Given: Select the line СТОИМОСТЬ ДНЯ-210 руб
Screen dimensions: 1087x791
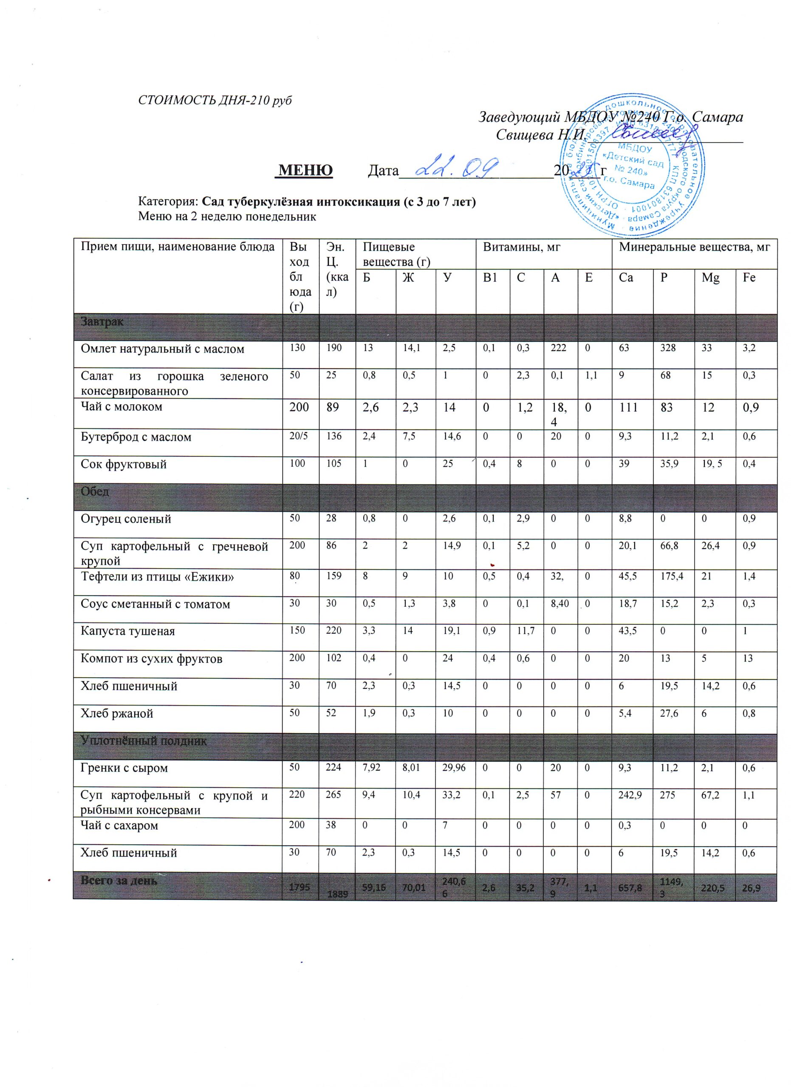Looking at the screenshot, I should pyautogui.click(x=215, y=100).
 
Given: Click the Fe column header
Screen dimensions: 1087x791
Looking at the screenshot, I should pyautogui.click(x=749, y=278).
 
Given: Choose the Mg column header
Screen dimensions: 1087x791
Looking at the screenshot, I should pyautogui.click(x=710, y=278).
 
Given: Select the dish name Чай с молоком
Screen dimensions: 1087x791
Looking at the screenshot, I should pyautogui.click(x=121, y=406).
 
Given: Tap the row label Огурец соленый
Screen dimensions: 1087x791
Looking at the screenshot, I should pyautogui.click(x=126, y=518).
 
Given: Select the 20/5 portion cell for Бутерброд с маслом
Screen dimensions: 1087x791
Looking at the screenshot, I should pyautogui.click(x=298, y=436).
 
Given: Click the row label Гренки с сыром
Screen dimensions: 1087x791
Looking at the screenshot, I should pyautogui.click(x=124, y=768).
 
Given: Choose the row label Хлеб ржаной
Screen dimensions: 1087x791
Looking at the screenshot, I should pyautogui.click(x=116, y=713).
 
